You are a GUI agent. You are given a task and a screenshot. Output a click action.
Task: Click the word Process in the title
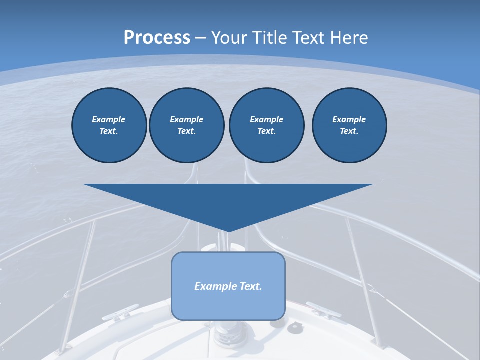coord(157,38)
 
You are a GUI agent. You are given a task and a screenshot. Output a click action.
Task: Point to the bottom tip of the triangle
coord(228,231)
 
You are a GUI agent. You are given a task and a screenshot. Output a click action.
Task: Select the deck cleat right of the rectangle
coord(323,310)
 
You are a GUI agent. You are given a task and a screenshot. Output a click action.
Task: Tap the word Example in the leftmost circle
coord(109,119)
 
